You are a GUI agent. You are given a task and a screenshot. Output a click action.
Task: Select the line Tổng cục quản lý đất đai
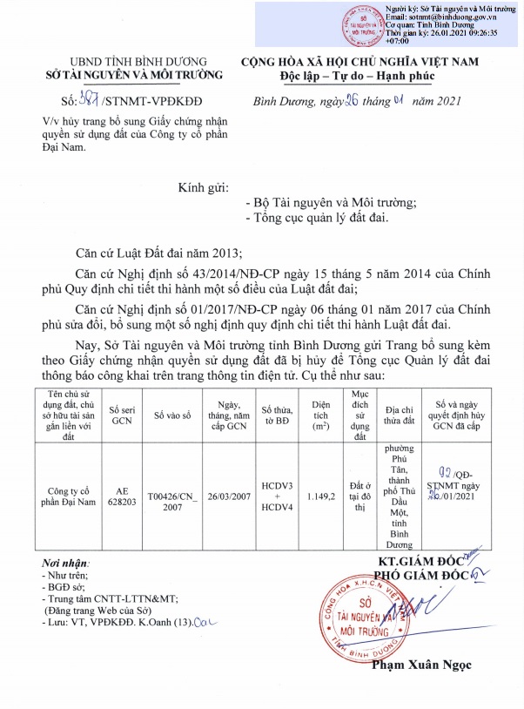(x=320, y=219)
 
